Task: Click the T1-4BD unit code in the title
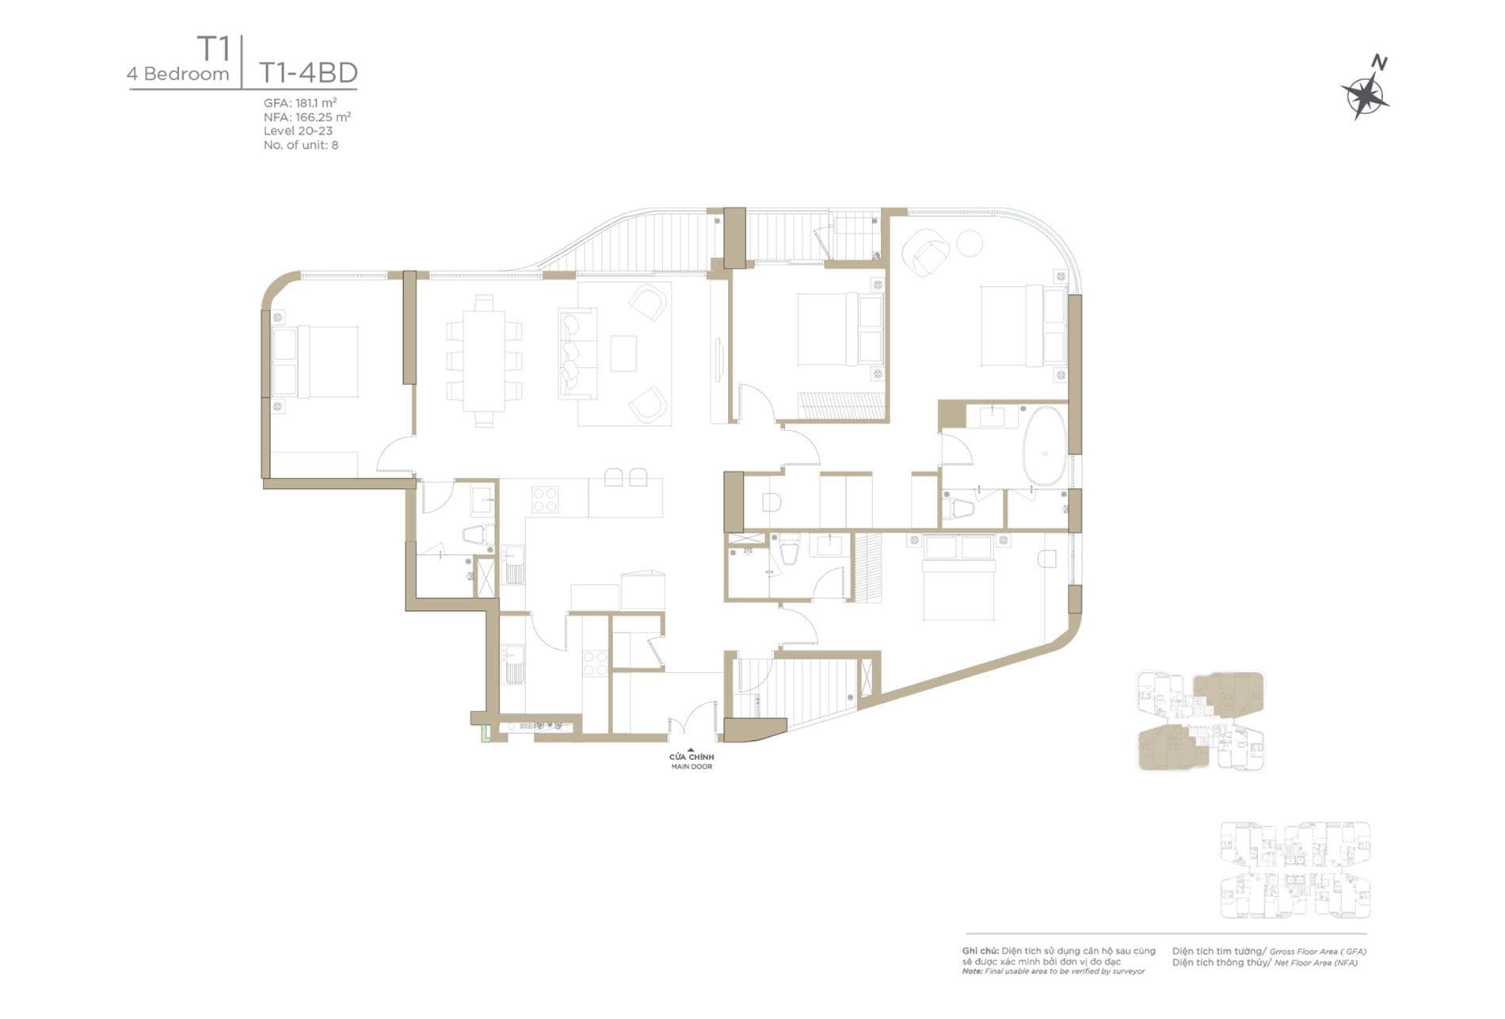pos(308,73)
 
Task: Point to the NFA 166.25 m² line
pos(307,117)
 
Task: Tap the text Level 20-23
pos(298,131)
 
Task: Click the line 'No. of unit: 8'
pos(301,145)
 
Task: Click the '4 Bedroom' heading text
pos(178,74)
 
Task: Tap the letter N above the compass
pos(1379,63)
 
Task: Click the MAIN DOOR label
pos(692,767)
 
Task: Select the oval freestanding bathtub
pos(1045,445)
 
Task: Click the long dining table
pos(483,361)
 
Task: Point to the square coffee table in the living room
pos(623,353)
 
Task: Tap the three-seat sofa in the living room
pos(577,353)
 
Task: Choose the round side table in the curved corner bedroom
pos(970,242)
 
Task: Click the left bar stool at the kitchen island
pos(614,477)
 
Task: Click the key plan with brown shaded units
pos(1201,721)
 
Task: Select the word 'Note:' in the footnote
pos(973,971)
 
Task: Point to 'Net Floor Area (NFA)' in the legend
pos(1316,963)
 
